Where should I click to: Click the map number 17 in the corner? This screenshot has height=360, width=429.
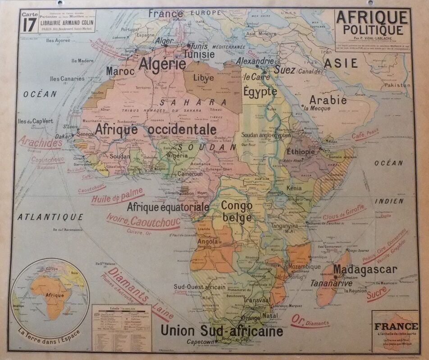[29, 24]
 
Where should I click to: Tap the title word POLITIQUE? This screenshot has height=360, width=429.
[373, 30]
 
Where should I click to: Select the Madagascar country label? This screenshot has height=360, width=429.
[365, 270]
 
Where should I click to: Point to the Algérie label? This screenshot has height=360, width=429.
[162, 64]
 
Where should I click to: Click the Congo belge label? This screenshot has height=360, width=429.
[237, 211]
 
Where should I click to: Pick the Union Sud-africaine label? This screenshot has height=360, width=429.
[222, 331]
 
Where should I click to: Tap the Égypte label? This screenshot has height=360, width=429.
[260, 92]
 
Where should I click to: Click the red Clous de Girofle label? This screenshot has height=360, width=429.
[344, 213]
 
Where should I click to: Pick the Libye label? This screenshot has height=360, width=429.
[204, 78]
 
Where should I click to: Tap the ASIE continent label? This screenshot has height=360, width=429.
[341, 63]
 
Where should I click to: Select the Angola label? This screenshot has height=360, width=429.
[208, 241]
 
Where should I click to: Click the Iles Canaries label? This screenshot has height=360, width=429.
[67, 78]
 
